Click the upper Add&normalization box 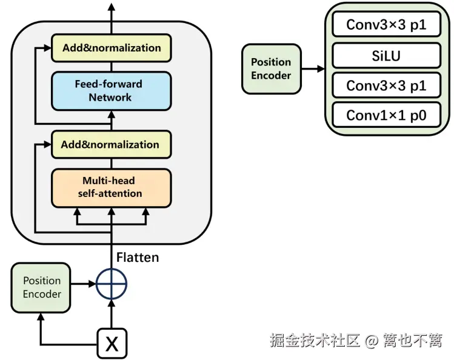112,48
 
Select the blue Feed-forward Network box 112,90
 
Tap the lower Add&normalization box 112,144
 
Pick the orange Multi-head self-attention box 112,187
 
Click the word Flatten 138,258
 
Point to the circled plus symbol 112,284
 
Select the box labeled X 112,344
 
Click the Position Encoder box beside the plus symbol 42,287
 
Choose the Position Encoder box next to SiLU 271,68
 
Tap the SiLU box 386,56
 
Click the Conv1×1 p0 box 386,115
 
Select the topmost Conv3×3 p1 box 386,25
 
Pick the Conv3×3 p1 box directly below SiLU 386,85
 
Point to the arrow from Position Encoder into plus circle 84,284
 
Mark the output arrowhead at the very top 112,7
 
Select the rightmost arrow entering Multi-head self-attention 145,213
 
